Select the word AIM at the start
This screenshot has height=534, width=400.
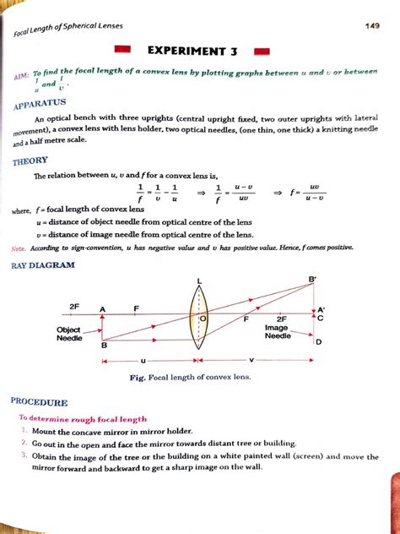click(18, 78)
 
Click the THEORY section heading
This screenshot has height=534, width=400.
click(30, 161)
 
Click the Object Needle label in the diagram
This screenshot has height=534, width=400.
click(69, 334)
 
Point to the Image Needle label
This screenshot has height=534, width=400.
click(277, 331)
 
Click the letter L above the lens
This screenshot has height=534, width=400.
click(200, 281)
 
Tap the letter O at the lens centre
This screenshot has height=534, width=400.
click(203, 319)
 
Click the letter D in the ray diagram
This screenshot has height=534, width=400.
click(318, 342)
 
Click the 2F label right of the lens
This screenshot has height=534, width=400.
click(281, 319)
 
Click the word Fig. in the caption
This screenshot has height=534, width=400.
click(139, 377)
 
